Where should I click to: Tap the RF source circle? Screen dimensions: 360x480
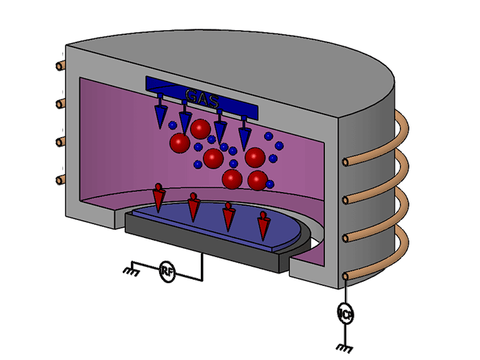pos(167,272)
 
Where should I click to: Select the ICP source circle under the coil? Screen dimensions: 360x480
pos(346,315)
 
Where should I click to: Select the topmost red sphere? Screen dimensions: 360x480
pos(200,128)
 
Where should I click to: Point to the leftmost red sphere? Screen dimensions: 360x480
pos(180,143)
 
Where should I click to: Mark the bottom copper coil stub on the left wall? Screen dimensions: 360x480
pos(60,180)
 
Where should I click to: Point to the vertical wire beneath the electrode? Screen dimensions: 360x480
pos(202,264)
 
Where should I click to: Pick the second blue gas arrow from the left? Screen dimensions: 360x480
pos(184,121)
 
